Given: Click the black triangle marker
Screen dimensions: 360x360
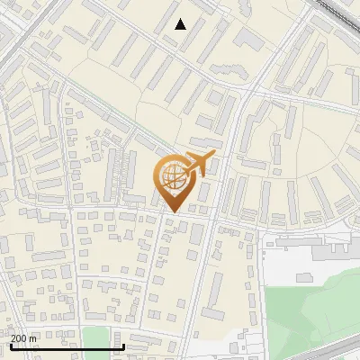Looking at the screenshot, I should point(181,24).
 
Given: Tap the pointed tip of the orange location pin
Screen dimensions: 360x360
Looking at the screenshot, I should point(172,211).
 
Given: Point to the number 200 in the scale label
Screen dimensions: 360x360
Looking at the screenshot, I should point(18,338).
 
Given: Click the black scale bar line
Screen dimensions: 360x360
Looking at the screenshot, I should point(63,346).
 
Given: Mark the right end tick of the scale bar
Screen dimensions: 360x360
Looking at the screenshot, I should point(122,345).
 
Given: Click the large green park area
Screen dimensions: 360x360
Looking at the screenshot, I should point(315,306).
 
